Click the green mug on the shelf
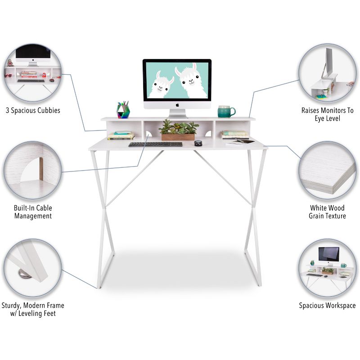click(x=225, y=112)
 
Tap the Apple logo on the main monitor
click(x=177, y=104)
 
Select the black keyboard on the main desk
click(x=155, y=144)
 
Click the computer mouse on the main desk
click(x=198, y=143)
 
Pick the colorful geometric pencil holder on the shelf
click(x=123, y=110)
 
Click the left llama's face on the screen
click(x=160, y=86)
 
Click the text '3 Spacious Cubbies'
click(x=33, y=110)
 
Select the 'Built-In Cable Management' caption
click(x=33, y=212)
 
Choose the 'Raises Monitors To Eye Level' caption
click(x=327, y=114)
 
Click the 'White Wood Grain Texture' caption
click(x=327, y=212)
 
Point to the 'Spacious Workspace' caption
click(x=327, y=306)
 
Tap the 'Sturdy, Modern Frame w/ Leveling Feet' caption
click(x=33, y=309)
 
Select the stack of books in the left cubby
click(x=121, y=135)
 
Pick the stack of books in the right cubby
click(x=235, y=135)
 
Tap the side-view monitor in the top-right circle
click(x=328, y=63)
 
